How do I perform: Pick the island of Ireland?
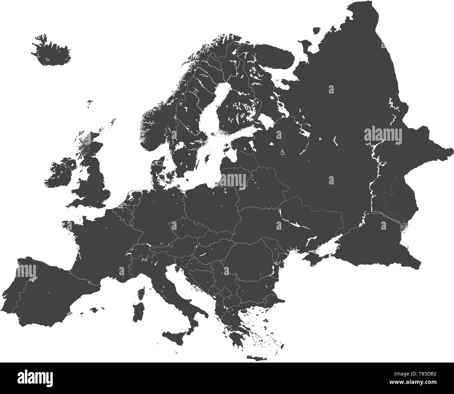tap(59, 173)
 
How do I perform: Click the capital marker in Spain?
tap(49, 292)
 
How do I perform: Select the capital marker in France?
tap(107, 228)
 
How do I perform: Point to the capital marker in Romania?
tap(260, 274)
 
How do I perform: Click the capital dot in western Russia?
tap(309, 161)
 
